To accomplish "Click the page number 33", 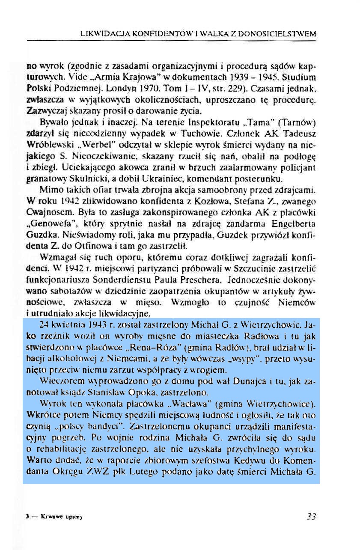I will pos(311,516).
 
